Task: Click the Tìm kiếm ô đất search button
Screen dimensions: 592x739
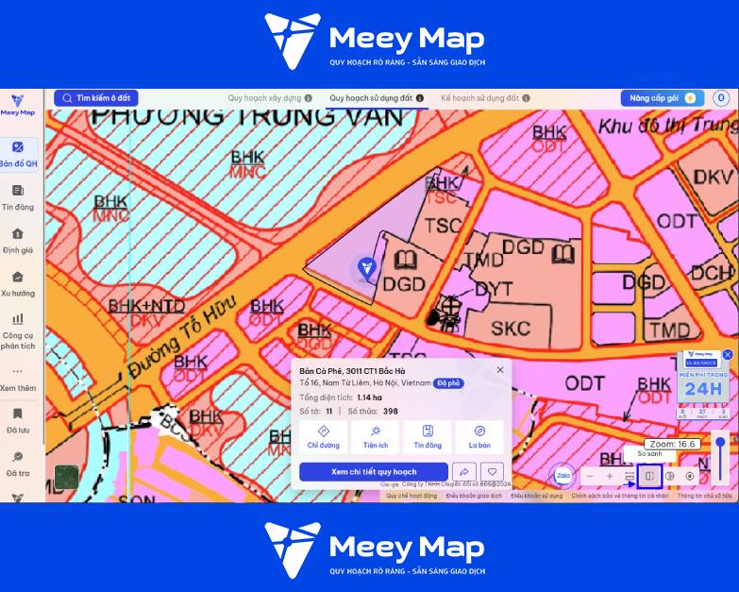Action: pos(96,98)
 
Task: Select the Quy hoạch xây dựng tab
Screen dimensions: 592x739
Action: pos(264,98)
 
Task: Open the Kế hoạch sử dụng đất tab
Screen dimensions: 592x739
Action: pos(480,98)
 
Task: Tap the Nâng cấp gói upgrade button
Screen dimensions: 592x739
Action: pos(662,98)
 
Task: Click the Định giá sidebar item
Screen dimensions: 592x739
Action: pos(18,240)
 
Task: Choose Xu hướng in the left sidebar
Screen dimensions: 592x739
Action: pos(18,283)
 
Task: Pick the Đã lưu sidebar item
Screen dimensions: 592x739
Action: pos(18,420)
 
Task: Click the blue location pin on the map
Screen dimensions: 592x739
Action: pos(366,268)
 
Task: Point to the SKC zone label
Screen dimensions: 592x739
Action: pos(511,329)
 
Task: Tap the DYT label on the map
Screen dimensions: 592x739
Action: pos(494,289)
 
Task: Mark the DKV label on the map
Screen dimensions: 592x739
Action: pos(713,177)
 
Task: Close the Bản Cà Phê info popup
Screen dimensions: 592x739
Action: pos(500,370)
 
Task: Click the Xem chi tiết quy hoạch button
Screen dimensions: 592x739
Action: pos(374,472)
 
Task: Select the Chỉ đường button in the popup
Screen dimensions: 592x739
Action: pos(324,436)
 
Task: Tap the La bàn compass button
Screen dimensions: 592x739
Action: pos(479,436)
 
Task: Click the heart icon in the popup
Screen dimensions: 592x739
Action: pos(491,472)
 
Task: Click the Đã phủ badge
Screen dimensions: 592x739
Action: pos(448,383)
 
